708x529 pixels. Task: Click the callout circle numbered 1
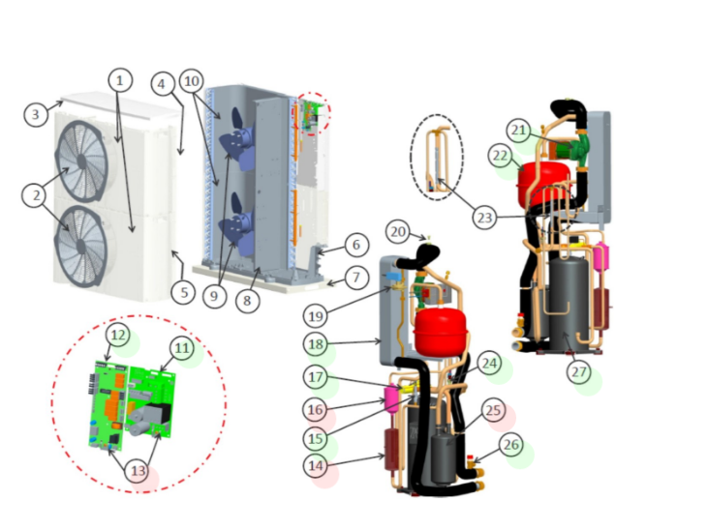coord(120,80)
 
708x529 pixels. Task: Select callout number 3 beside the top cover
coord(36,114)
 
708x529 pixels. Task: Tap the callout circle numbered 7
coord(356,277)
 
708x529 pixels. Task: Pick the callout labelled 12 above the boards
coord(117,336)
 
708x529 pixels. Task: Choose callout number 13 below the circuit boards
coord(139,471)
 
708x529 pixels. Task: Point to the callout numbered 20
coord(398,232)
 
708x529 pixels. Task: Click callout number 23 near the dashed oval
coord(484,218)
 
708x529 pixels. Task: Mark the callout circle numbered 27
coord(579,372)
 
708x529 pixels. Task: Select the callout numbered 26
coord(511,446)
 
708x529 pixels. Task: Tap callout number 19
coord(315,316)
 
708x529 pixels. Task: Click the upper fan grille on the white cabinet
coord(81,161)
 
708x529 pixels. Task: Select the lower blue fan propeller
coord(235,222)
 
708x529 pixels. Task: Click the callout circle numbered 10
coord(192,81)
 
